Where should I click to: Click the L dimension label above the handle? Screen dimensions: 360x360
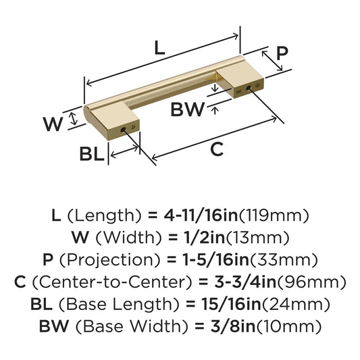[x=158, y=48]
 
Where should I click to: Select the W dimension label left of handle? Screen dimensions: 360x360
[x=53, y=124]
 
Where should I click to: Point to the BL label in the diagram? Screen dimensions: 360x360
[x=92, y=154]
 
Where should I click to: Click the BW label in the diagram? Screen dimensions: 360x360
[x=187, y=109]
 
